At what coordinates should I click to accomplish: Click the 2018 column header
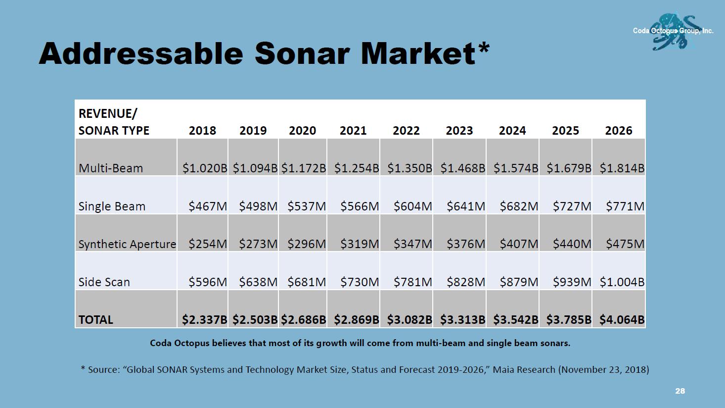point(202,131)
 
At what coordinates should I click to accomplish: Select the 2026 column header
point(618,131)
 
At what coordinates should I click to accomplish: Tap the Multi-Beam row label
point(111,168)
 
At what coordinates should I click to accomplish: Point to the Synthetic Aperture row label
point(127,244)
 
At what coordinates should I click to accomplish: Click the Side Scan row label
point(104,282)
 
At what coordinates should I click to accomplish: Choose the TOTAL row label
point(96,320)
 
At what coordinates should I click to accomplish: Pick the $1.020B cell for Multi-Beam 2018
point(205,168)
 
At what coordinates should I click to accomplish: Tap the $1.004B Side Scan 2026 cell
point(622,282)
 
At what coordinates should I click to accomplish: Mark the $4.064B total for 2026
point(622,320)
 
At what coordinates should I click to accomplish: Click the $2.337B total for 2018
point(205,320)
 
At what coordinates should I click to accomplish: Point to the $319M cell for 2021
point(360,244)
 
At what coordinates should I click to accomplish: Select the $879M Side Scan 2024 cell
point(519,282)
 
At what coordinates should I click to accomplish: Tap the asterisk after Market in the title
point(484,49)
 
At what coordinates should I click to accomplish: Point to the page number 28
point(680,391)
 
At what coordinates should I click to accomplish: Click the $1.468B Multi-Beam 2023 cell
point(463,168)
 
